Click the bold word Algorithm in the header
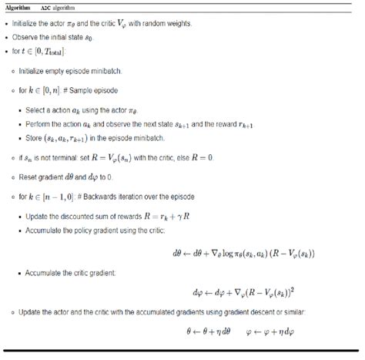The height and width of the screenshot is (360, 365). [x=22, y=6]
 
